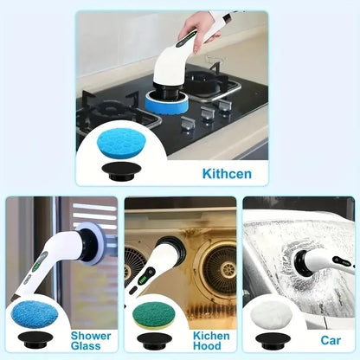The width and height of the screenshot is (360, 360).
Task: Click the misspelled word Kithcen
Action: click(228, 174)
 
